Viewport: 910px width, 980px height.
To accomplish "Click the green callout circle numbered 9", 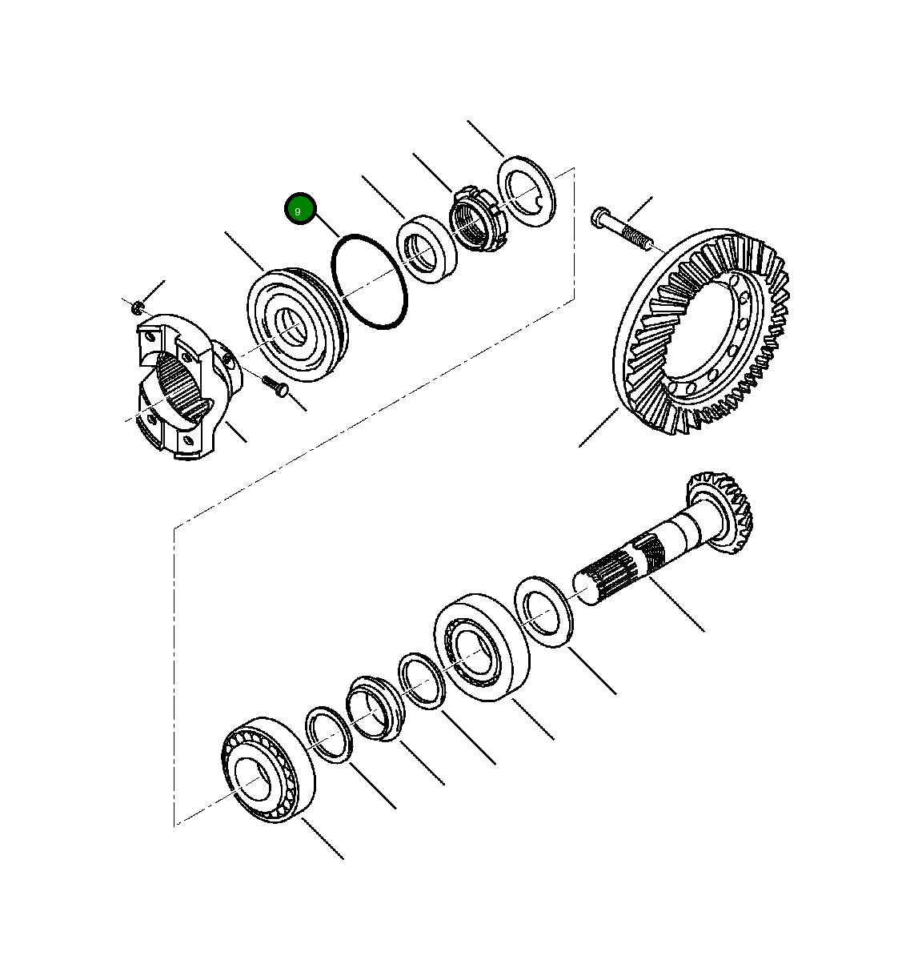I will tap(300, 210).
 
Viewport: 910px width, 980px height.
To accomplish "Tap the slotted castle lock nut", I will tap(475, 220).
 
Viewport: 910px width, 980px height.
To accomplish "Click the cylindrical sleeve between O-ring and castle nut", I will tap(427, 248).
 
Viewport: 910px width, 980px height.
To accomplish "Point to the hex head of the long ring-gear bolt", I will tap(602, 216).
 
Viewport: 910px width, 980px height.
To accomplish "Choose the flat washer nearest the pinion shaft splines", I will tap(543, 611).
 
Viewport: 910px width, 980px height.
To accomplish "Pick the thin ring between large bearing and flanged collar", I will tap(422, 681).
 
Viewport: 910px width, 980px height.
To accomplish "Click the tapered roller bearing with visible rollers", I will tap(267, 769).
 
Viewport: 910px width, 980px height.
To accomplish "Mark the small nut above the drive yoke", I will tap(138, 305).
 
